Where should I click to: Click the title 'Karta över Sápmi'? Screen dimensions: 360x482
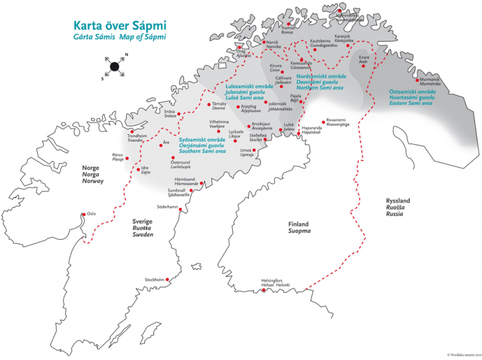tap(120, 26)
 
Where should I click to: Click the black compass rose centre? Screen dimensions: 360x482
tap(114, 66)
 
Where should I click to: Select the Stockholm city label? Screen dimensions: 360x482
tap(154, 279)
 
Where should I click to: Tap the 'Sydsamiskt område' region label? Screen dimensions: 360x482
tap(202, 139)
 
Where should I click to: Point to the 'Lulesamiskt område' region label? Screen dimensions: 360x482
tap(249, 87)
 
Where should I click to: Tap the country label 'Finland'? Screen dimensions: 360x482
tap(299, 224)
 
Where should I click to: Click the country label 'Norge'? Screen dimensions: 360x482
tap(92, 168)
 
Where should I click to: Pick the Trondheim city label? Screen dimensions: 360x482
tap(136, 135)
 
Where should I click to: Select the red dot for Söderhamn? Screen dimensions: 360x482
tap(181, 211)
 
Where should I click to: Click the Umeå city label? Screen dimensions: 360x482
tap(247, 151)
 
